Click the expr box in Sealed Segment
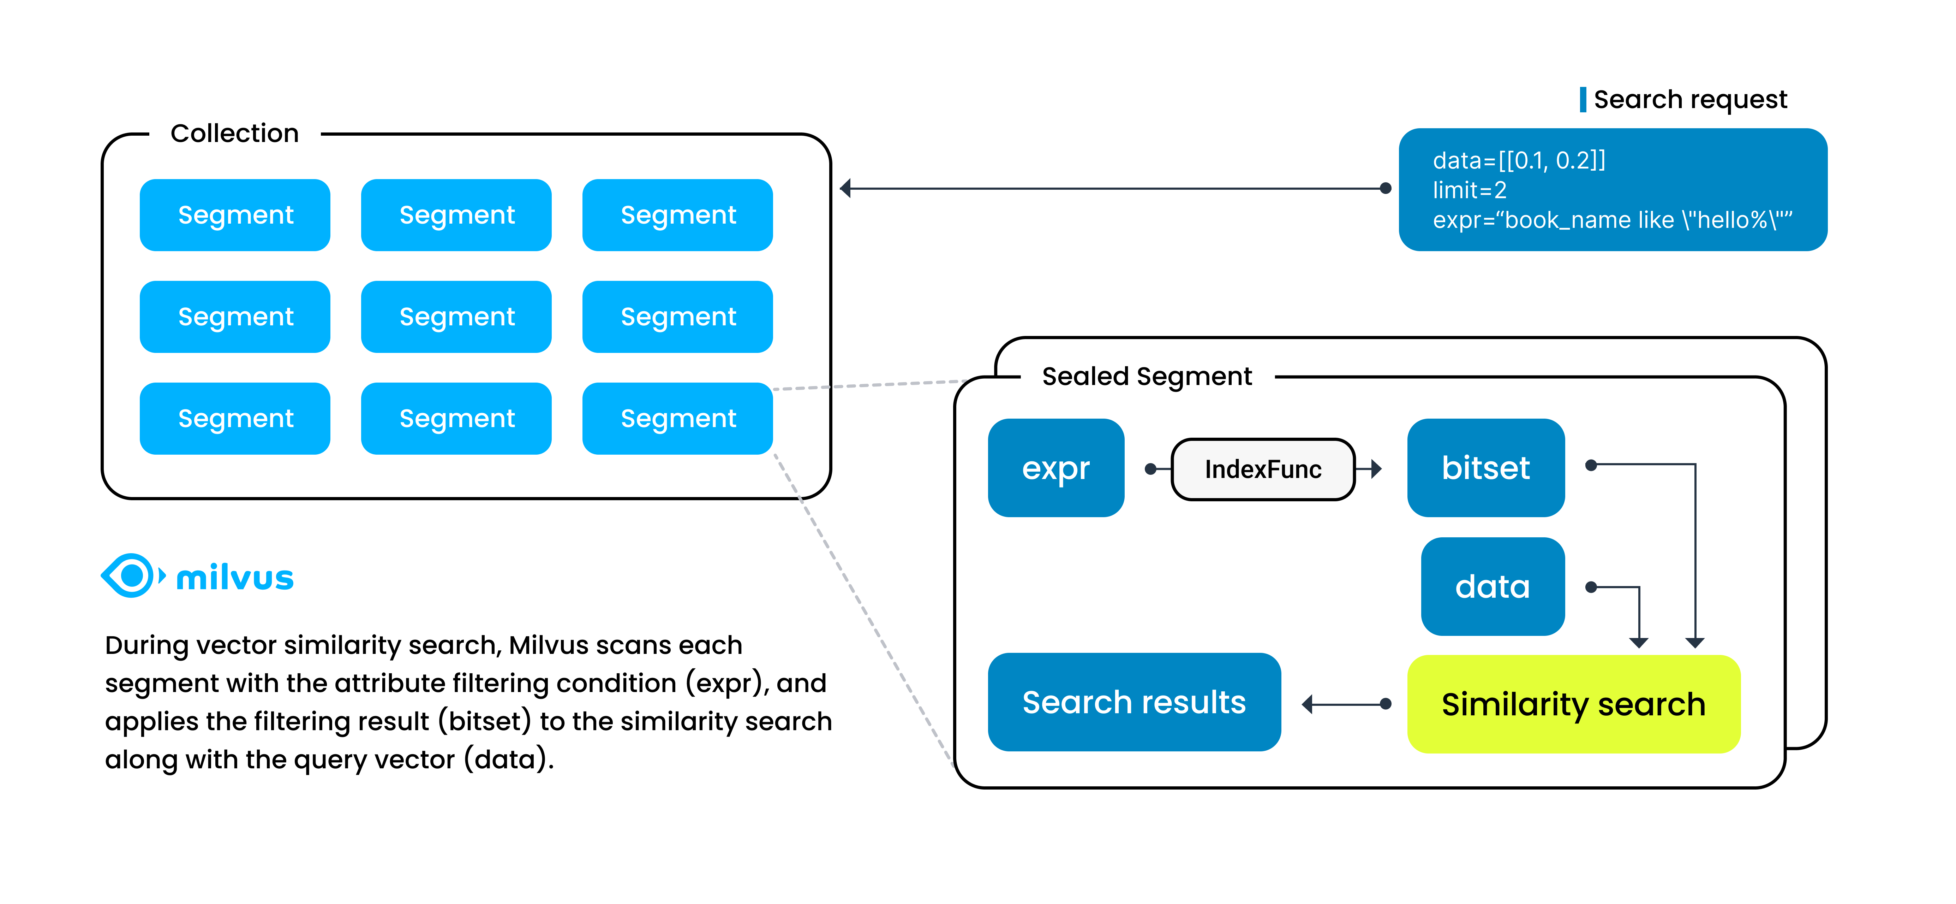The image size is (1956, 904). (1055, 468)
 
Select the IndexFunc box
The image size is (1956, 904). (1263, 469)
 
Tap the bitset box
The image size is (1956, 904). (1485, 468)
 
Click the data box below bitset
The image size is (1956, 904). (1492, 586)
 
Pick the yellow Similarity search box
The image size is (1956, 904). (1573, 704)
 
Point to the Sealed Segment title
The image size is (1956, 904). (1147, 376)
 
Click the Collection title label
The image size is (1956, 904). (235, 134)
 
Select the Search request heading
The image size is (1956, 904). (1690, 100)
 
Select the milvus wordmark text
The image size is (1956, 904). (235, 578)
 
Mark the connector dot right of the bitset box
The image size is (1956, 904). (1591, 465)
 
